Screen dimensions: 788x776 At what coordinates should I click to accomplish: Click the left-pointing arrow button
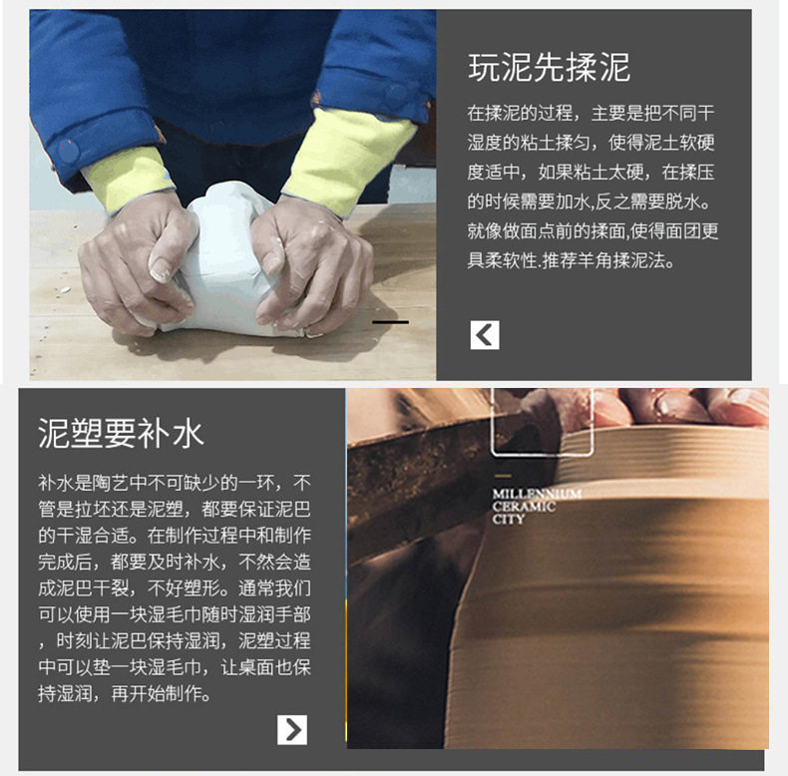pos(485,335)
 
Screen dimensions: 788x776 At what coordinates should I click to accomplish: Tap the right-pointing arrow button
pos(292,730)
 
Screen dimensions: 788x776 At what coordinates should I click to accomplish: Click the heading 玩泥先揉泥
pos(549,68)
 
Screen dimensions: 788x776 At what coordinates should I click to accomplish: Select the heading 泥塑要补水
pos(121,433)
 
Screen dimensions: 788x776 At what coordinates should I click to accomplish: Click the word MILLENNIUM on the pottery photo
pos(537,494)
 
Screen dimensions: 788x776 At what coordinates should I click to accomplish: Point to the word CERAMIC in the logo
pos(524,507)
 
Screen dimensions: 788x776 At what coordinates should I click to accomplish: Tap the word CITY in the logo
pos(508,520)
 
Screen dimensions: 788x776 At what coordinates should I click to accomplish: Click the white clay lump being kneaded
pos(227,261)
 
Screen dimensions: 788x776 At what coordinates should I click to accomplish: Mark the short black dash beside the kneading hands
pos(390,322)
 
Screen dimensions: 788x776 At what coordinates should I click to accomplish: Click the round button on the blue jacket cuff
pos(67,152)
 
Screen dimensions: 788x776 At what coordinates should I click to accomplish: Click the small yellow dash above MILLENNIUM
pos(503,476)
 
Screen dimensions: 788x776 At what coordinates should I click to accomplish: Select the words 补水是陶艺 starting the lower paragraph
pos(84,483)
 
